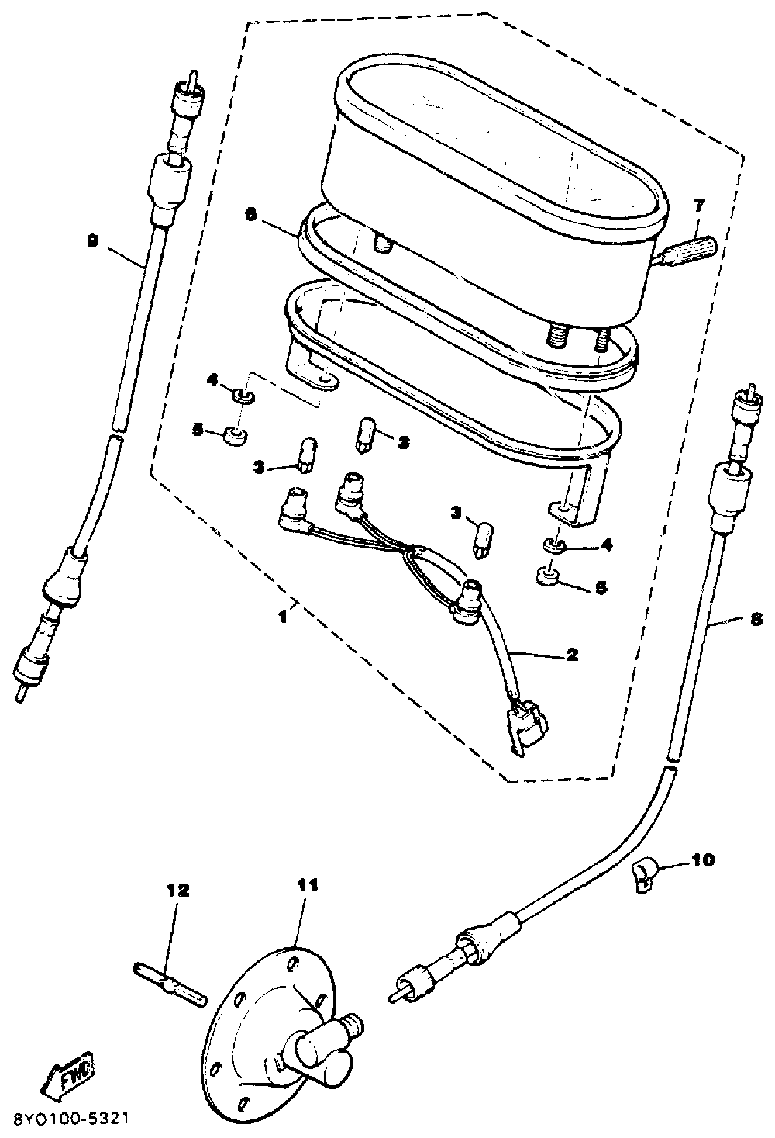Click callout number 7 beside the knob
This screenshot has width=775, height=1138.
point(699,206)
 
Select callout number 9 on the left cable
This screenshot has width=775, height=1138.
point(93,241)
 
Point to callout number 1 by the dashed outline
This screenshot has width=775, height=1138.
point(284,617)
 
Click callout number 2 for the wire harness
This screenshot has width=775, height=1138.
point(572,654)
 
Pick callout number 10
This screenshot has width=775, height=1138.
point(704,860)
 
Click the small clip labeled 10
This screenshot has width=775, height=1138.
point(642,874)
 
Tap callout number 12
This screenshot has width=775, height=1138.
point(177,891)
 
